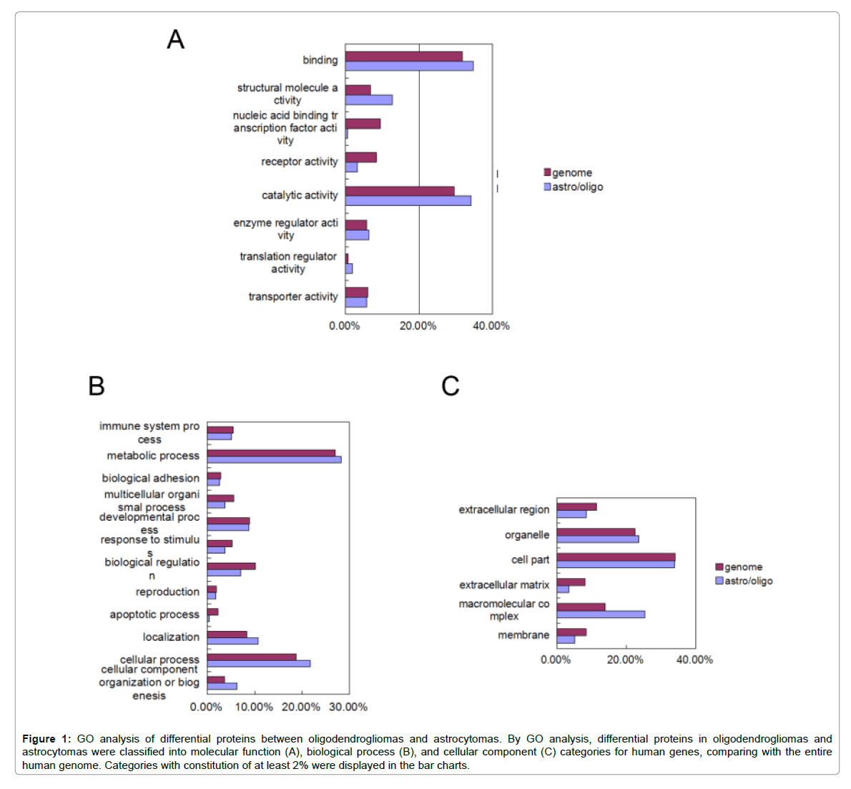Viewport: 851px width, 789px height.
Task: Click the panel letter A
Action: pyautogui.click(x=175, y=39)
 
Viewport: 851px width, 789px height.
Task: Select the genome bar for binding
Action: pyautogui.click(x=403, y=57)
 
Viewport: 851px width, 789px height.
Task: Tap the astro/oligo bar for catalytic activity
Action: pyautogui.click(x=408, y=201)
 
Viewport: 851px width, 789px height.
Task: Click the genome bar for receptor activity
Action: pyautogui.click(x=360, y=157)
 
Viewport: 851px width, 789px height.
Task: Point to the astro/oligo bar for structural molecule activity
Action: pyautogui.click(x=368, y=100)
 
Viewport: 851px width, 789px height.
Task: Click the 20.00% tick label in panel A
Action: pyautogui.click(x=418, y=326)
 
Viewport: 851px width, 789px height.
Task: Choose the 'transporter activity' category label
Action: pyautogui.click(x=292, y=297)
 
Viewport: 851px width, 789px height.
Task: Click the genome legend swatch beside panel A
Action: pyautogui.click(x=547, y=172)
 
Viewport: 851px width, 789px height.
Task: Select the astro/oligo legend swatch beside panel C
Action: pyautogui.click(x=719, y=581)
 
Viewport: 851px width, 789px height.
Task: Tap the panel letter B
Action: pyautogui.click(x=96, y=386)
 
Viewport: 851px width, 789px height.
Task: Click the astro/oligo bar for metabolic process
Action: pyautogui.click(x=274, y=460)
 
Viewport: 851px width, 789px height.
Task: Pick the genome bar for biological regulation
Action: pyautogui.click(x=231, y=566)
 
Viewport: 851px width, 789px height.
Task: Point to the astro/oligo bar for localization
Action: pyautogui.click(x=232, y=641)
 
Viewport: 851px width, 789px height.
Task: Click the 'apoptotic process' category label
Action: pyautogui.click(x=154, y=614)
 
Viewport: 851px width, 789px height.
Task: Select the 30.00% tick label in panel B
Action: pyautogui.click(x=348, y=707)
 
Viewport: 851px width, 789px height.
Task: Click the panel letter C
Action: pyautogui.click(x=450, y=386)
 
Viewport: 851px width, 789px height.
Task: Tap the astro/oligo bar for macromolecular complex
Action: pyautogui.click(x=601, y=614)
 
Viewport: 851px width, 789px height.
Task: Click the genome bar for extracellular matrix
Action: pyautogui.click(x=571, y=582)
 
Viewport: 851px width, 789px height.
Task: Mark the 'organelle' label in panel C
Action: pyautogui.click(x=526, y=535)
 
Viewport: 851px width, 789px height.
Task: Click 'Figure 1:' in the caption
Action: pyautogui.click(x=46, y=739)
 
